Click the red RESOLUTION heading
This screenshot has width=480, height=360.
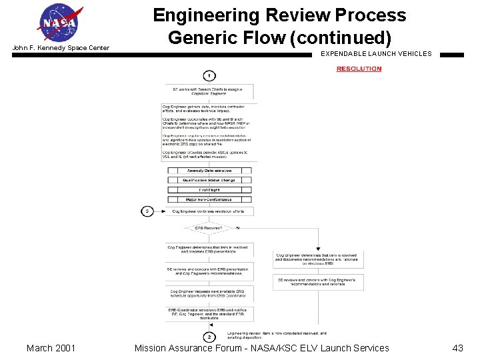pyautogui.click(x=359, y=69)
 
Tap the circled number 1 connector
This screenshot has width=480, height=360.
pyautogui.click(x=209, y=75)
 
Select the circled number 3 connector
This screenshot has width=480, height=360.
pyautogui.click(x=147, y=211)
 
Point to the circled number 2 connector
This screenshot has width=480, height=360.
pyautogui.click(x=209, y=337)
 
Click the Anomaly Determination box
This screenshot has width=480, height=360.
pyautogui.click(x=209, y=171)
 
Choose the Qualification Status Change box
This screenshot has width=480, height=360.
pyautogui.click(x=209, y=180)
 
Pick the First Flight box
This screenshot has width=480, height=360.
pyautogui.click(x=209, y=190)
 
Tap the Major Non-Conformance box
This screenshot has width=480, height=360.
pyautogui.click(x=209, y=199)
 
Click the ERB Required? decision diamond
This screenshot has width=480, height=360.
pyautogui.click(x=209, y=228)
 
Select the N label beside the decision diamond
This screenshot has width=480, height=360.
pyautogui.click(x=238, y=228)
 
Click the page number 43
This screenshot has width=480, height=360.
pyautogui.click(x=457, y=348)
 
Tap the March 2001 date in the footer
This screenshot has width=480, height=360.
pyautogui.click(x=51, y=348)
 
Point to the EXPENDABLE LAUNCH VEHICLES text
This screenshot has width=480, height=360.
pyautogui.click(x=376, y=54)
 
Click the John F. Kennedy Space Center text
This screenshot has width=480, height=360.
pyautogui.click(x=61, y=48)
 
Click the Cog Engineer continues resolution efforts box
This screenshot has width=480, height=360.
pyautogui.click(x=209, y=211)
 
